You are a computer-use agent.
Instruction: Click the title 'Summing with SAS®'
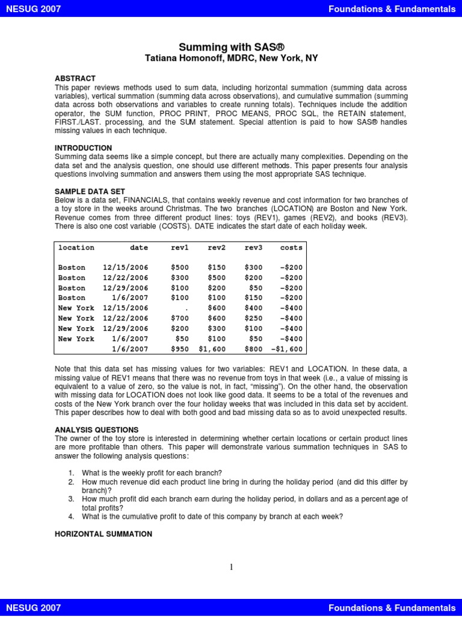point(231,46)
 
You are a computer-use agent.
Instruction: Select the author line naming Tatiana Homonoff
point(231,58)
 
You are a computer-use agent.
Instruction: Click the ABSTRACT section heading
point(75,79)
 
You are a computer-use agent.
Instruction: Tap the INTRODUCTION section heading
point(83,148)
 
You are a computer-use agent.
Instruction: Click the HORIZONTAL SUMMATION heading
point(103,534)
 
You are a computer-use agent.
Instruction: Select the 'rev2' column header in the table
point(216,248)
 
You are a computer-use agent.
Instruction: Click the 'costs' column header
point(291,248)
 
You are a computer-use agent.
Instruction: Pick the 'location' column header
point(76,248)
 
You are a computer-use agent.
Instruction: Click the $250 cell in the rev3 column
point(253,318)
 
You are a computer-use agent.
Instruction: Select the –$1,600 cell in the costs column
point(287,349)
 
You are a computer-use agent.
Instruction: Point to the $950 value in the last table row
point(179,349)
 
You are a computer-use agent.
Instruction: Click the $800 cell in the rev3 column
point(253,349)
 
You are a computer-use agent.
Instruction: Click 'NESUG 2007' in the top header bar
point(34,8)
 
